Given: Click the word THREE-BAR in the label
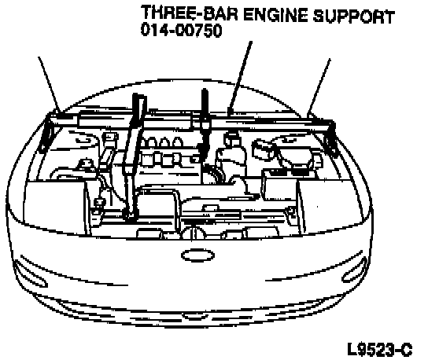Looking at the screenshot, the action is click(x=190, y=13).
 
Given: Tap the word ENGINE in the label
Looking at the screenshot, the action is click(x=275, y=14).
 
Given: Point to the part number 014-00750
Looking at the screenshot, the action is click(x=181, y=30).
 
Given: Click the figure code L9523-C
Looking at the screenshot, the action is click(x=380, y=349).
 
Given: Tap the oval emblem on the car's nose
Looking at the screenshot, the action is click(x=197, y=255).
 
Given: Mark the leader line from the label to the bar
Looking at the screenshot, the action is click(x=240, y=77).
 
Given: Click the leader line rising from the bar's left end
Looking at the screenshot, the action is click(x=49, y=84).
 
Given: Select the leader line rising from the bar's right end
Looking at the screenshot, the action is click(x=319, y=87).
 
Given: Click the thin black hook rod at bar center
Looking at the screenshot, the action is click(x=205, y=120).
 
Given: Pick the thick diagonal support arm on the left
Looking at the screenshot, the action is click(x=133, y=156).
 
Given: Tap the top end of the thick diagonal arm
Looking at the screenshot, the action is click(x=138, y=96).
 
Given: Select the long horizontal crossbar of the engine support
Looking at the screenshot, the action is click(x=188, y=120).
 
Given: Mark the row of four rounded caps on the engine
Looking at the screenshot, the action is click(x=161, y=142).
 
